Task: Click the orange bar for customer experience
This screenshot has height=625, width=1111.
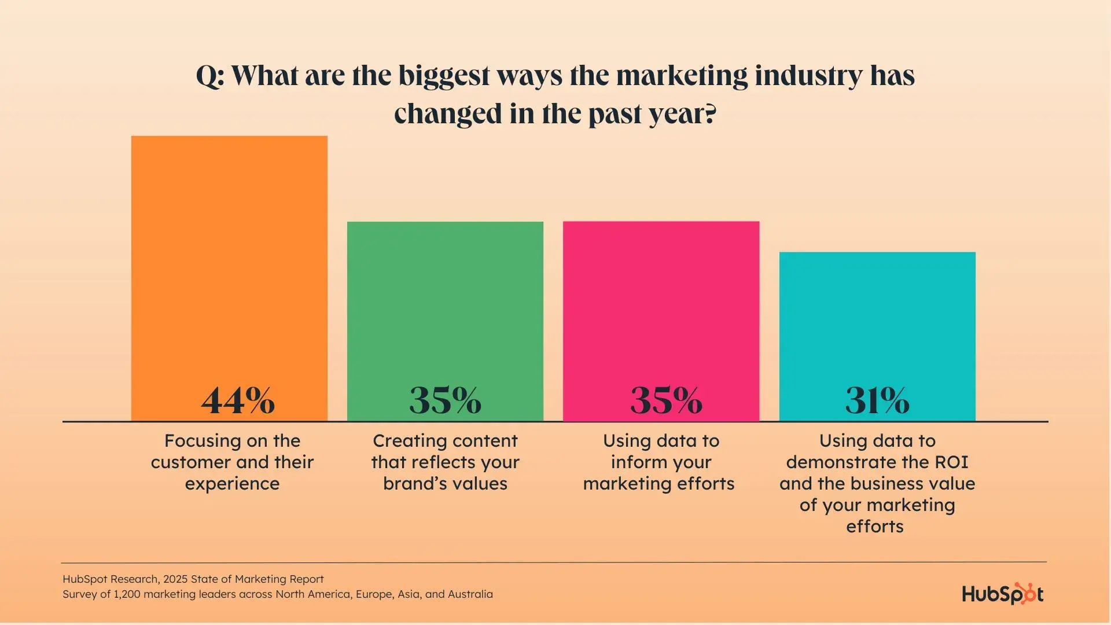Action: [x=229, y=260]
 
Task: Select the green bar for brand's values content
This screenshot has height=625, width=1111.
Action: [x=445, y=301]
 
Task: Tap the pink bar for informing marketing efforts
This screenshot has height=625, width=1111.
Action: [x=661, y=301]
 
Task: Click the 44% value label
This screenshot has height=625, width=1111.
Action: [x=238, y=400]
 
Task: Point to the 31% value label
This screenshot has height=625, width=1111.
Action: [x=877, y=400]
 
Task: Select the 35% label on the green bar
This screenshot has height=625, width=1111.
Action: [x=445, y=400]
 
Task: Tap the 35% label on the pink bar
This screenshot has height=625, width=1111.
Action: [x=666, y=400]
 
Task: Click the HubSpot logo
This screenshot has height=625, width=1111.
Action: [x=1002, y=594]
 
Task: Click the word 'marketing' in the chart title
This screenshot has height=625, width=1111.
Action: [x=682, y=76]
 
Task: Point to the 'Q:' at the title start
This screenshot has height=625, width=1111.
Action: [x=210, y=76]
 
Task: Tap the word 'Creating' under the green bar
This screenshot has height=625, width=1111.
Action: [x=409, y=441]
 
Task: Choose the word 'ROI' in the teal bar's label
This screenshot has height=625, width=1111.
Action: [x=951, y=462]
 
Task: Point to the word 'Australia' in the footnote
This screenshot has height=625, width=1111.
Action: [x=470, y=594]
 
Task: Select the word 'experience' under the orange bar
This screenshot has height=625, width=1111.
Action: [x=232, y=484]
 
